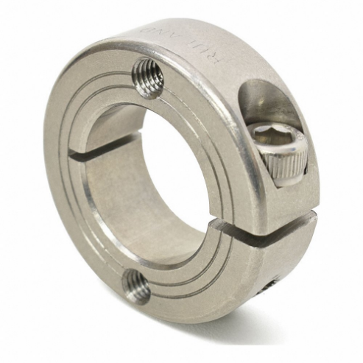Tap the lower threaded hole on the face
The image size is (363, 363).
click(136, 285)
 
